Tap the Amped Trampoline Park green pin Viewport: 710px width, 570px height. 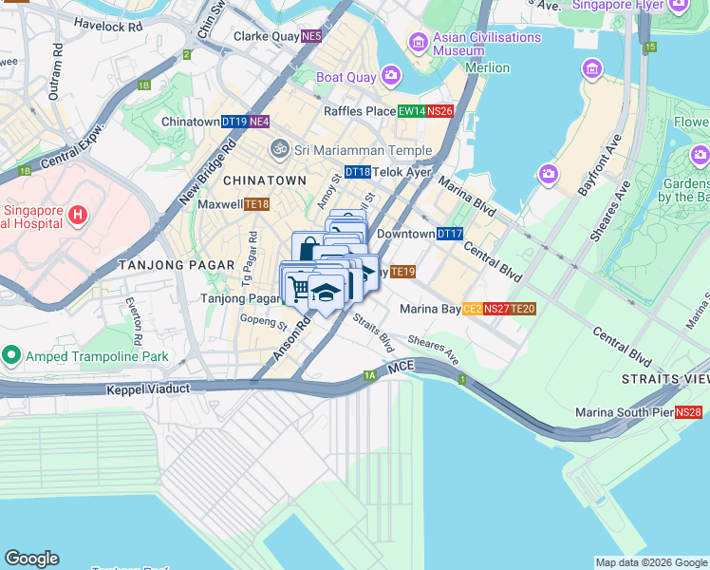[11, 356]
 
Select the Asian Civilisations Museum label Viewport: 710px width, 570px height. [486, 44]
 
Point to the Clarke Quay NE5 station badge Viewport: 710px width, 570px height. [311, 37]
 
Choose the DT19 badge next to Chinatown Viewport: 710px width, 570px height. [234, 123]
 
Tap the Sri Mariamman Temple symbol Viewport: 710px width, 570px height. [279, 149]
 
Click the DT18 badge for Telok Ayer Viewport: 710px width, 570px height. [357, 172]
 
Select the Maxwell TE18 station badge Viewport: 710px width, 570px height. [257, 204]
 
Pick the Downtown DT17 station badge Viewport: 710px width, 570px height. [450, 234]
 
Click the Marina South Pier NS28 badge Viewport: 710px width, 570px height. [689, 412]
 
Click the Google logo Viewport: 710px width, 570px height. [31, 559]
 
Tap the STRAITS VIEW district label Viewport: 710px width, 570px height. [664, 379]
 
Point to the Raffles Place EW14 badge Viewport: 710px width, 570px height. [411, 111]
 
